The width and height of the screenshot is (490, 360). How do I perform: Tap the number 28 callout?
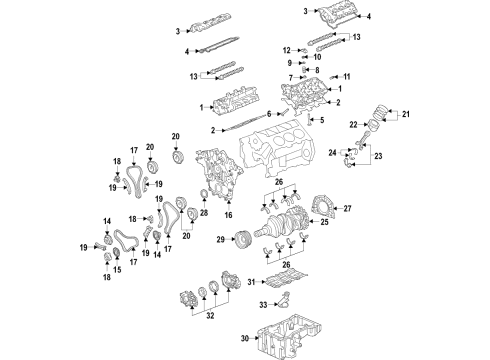pyautogui.click(x=204, y=212)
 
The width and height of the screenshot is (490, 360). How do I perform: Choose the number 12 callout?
pyautogui.click(x=285, y=49)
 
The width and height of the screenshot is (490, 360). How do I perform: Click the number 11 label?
pyautogui.click(x=346, y=77)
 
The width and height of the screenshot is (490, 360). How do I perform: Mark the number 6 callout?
pyautogui.click(x=268, y=114)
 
